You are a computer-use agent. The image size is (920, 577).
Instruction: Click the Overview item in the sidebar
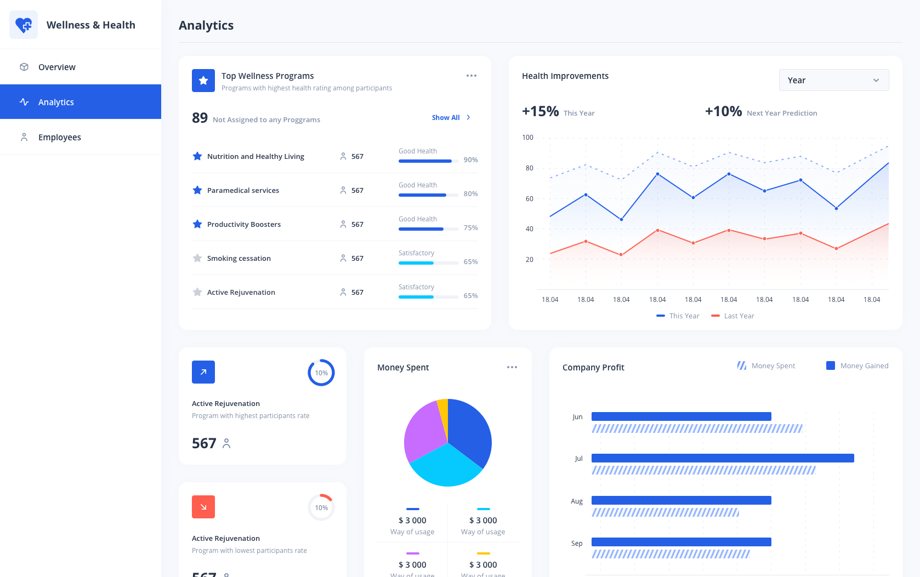point(56,67)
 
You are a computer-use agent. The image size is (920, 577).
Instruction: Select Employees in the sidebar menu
point(59,137)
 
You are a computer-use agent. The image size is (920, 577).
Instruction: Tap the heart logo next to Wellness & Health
point(24,25)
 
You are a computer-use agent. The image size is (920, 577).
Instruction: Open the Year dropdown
point(833,80)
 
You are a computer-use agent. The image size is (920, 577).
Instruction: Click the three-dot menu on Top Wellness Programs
point(471,76)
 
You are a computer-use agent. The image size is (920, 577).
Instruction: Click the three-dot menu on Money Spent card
point(512,367)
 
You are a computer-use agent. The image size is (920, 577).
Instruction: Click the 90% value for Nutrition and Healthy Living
point(470,160)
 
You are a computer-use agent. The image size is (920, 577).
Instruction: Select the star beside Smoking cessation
point(197,258)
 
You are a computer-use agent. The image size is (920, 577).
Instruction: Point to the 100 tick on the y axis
point(527,138)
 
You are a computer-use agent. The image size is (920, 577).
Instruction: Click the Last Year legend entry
point(732,316)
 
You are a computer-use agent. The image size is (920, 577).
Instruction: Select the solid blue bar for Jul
point(722,458)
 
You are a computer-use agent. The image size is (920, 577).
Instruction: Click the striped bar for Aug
point(665,513)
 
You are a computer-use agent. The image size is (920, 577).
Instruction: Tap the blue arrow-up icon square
point(203,372)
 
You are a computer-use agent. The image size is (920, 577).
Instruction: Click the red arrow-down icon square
point(203,507)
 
